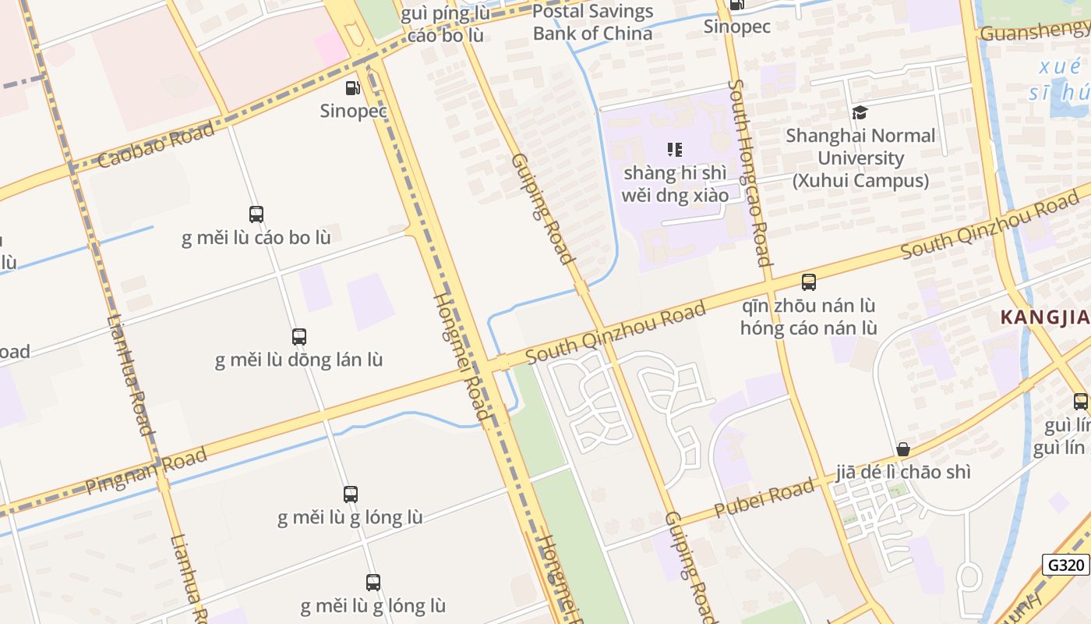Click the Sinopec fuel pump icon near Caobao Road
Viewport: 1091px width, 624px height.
353,89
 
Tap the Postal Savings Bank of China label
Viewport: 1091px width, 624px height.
592,23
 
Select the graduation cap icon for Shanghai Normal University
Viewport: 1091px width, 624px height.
860,113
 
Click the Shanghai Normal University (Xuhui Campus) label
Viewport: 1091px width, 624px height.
860,158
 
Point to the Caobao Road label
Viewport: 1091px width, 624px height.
157,144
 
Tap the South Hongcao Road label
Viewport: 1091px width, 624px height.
750,172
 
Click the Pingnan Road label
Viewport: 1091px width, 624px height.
147,470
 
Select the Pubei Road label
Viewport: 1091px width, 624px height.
764,496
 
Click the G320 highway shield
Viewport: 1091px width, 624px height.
1065,565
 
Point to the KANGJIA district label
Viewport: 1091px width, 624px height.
1044,317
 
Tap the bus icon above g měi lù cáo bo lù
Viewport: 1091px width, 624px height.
256,214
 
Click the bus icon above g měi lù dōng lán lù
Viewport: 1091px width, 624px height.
299,337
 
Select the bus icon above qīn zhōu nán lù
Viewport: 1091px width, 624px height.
809,282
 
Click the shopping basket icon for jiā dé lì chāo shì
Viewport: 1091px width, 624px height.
903,449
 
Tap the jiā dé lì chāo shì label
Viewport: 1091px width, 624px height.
903,472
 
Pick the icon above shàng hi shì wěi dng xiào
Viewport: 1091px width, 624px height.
675,150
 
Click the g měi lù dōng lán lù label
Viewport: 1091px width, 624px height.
299,360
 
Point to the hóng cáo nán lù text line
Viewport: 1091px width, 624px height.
809,328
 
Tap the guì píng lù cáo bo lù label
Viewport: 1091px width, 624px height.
445,25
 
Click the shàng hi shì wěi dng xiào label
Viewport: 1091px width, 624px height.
675,183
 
